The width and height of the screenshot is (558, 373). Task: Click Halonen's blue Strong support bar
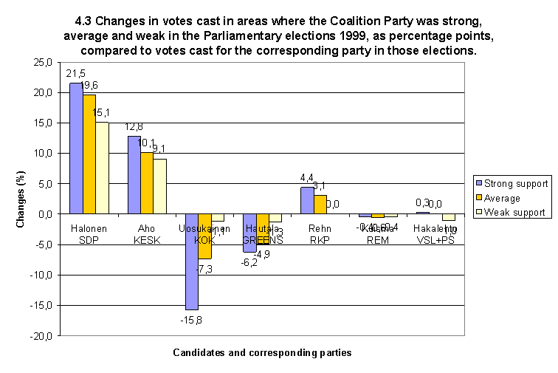(76, 148)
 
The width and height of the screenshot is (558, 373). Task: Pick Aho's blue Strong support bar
(134, 175)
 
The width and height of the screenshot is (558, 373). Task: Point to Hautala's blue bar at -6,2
(249, 233)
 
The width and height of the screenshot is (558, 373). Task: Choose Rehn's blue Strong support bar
(308, 200)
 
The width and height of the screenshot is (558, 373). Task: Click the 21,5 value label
(75, 75)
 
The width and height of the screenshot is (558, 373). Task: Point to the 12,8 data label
(134, 128)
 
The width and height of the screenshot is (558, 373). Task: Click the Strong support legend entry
(516, 183)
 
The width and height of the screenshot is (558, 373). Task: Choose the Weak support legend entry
(514, 212)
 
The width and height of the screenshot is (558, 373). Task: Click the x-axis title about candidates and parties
(262, 353)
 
